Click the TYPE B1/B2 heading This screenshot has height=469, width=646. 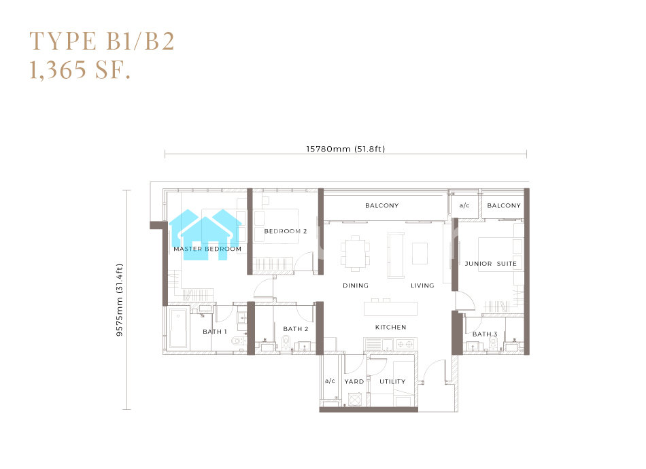102,41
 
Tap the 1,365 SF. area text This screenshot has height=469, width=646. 80,69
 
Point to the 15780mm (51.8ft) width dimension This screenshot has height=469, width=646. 345,149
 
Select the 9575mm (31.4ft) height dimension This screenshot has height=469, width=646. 120,300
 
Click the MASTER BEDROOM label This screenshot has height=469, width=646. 207,249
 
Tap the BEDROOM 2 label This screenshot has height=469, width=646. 286,231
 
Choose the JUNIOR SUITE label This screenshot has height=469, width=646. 490,264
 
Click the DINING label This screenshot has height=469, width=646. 356,285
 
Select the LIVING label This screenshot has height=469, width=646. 422,285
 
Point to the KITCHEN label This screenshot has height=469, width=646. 390,327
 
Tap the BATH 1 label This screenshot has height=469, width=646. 215,332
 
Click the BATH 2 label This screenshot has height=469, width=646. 295,328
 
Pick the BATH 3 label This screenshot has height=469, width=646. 485,334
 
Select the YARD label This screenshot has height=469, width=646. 354,382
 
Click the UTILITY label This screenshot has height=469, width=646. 392,382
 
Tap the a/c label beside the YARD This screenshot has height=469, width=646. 330,381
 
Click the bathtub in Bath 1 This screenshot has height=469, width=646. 178,328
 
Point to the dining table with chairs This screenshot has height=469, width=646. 355,254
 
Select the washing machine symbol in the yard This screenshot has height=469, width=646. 355,400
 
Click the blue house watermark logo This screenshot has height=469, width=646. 205,234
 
